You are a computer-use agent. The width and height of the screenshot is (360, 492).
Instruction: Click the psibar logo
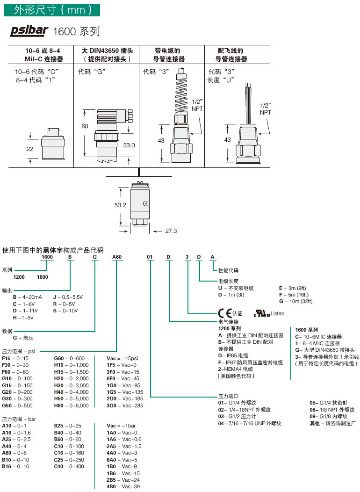(x=29, y=31)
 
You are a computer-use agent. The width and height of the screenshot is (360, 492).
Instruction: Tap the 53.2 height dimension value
(x=121, y=205)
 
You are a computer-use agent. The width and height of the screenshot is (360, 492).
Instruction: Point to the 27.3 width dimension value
(x=169, y=231)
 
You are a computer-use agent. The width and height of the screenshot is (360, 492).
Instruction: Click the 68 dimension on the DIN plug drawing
(x=85, y=126)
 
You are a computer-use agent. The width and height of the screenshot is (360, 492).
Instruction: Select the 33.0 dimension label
(x=129, y=145)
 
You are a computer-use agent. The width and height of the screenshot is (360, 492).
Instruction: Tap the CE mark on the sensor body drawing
(x=145, y=203)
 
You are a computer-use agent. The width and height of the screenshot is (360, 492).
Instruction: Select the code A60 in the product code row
(x=117, y=257)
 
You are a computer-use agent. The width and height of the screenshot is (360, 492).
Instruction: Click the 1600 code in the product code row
(x=47, y=257)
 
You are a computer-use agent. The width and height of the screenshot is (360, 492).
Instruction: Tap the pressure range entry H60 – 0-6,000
(x=71, y=405)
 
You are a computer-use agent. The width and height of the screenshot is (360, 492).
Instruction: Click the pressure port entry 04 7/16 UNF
(x=250, y=423)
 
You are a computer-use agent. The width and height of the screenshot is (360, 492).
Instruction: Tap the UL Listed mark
(x=269, y=313)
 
